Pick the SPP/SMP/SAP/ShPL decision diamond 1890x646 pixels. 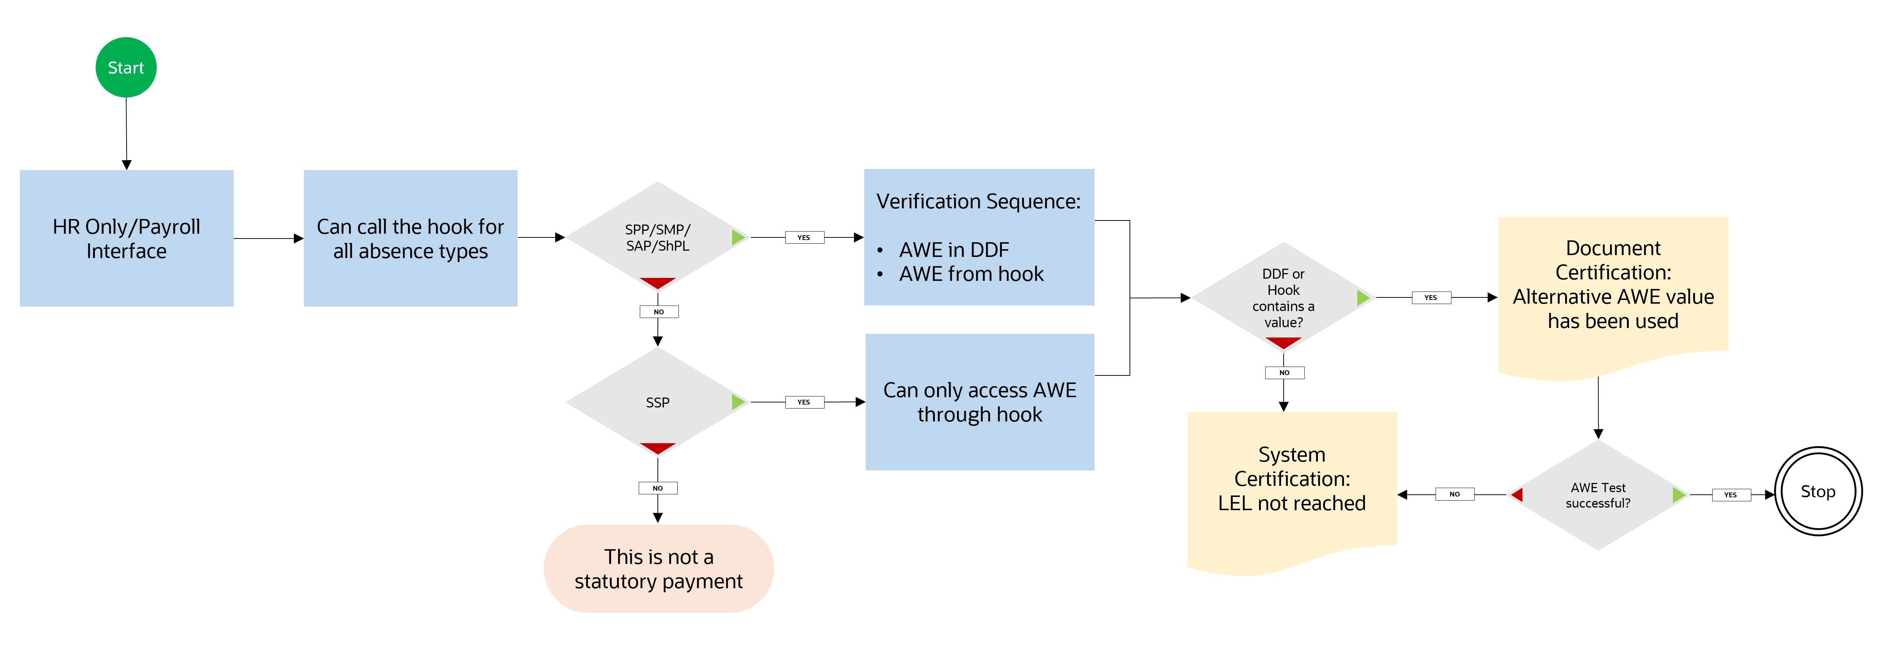point(657,237)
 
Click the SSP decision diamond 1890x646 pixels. point(657,402)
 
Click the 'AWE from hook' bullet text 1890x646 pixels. point(971,274)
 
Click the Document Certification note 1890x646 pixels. point(1613,286)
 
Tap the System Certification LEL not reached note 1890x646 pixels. point(1291,481)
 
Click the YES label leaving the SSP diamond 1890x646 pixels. point(804,402)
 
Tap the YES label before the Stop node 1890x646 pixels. point(1730,495)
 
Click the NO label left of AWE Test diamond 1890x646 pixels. point(1454,494)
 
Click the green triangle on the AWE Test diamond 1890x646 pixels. point(1678,495)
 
